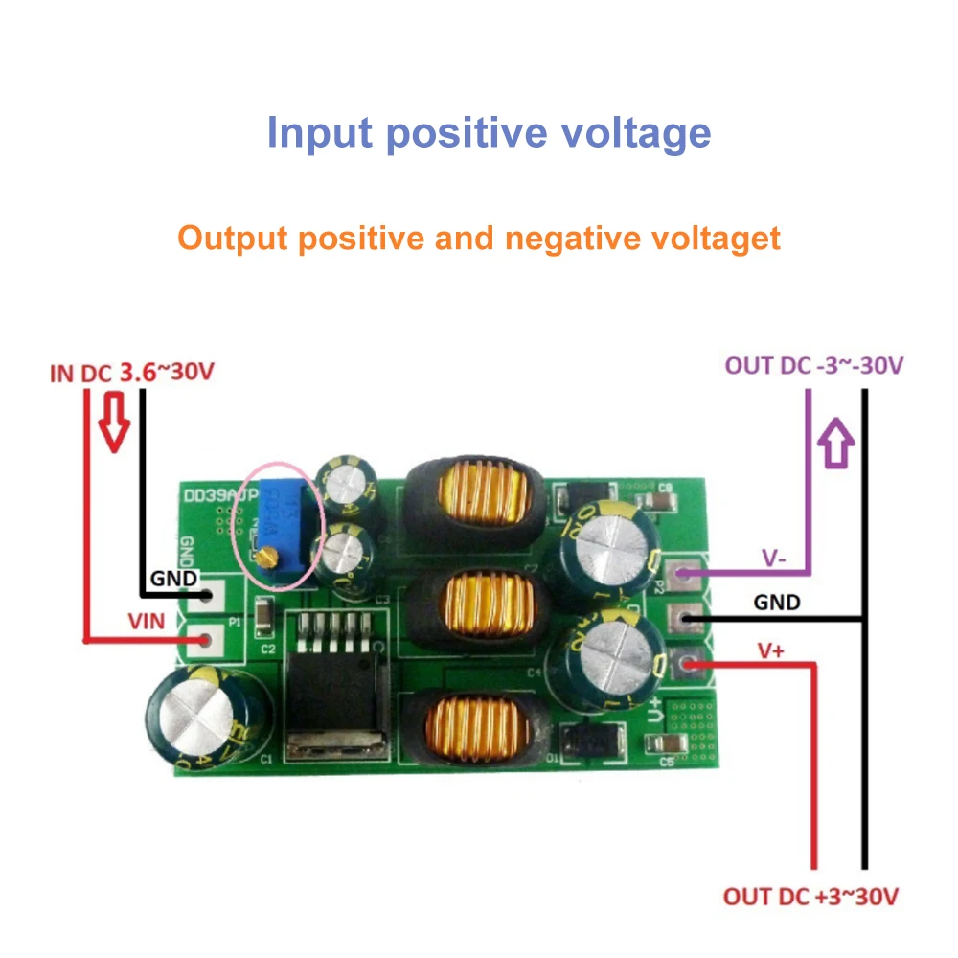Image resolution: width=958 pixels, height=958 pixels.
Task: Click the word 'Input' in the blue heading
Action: coord(319,133)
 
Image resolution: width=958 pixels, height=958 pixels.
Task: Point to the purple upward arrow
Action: coord(838,443)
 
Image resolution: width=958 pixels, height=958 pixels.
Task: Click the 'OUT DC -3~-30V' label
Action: coord(813,365)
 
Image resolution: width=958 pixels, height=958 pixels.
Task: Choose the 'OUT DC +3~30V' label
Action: coord(810,897)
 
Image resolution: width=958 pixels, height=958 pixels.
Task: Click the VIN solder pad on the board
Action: coord(203,638)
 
